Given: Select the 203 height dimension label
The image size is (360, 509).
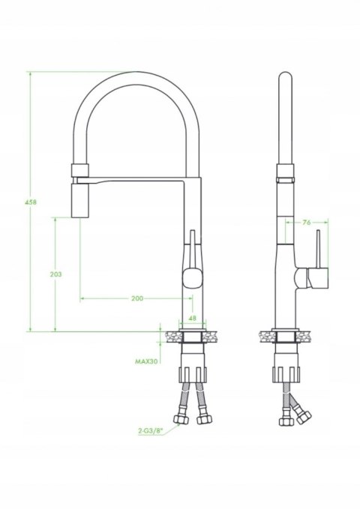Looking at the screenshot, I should pyautogui.click(x=55, y=274).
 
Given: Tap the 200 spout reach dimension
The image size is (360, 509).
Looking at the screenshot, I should pyautogui.click(x=136, y=298).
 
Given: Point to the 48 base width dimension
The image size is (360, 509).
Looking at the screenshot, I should pyautogui.click(x=193, y=319).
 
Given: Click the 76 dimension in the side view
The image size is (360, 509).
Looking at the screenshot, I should pyautogui.click(x=307, y=222).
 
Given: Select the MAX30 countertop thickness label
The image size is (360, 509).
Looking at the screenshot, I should pyautogui.click(x=146, y=361).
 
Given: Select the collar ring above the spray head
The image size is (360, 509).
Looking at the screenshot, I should pyautogui.click(x=79, y=170).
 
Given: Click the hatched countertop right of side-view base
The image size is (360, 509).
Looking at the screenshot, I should pyautogui.click(x=306, y=334).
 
